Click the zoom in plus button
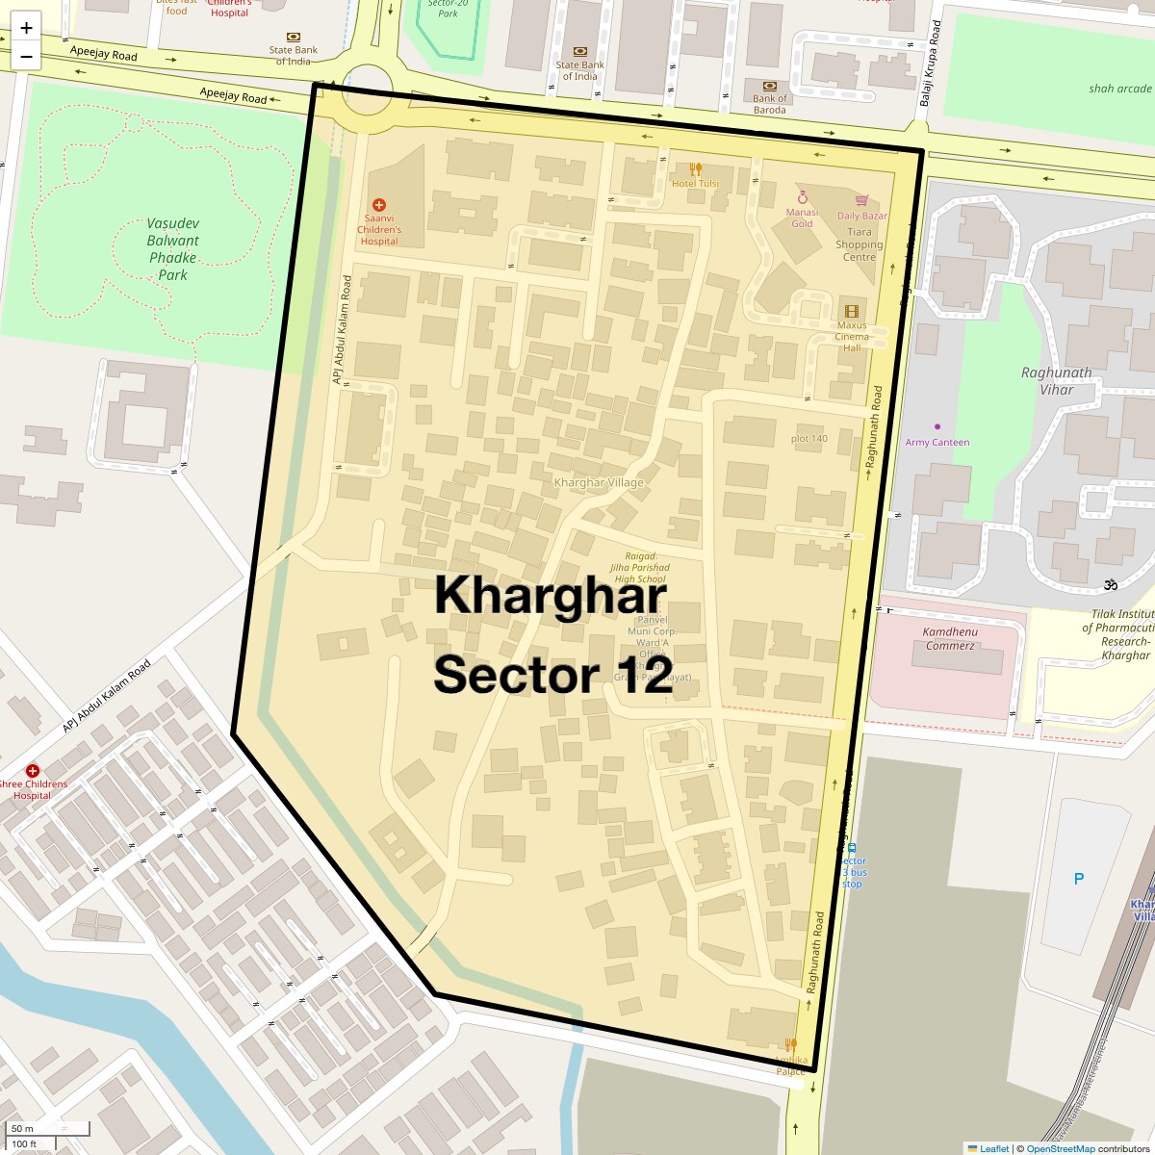26,28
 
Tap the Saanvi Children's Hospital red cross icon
379,205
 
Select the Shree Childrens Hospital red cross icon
33,771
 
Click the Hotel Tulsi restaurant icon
695,169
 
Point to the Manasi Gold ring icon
802,198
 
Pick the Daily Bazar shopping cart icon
861,201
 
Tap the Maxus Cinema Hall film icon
851,311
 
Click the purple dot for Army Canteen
937,426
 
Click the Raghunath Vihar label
1057,380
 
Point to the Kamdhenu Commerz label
949,638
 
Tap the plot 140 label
808,439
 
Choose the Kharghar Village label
599,481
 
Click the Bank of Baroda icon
769,86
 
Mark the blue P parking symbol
1079,879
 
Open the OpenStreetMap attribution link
1060,1148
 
